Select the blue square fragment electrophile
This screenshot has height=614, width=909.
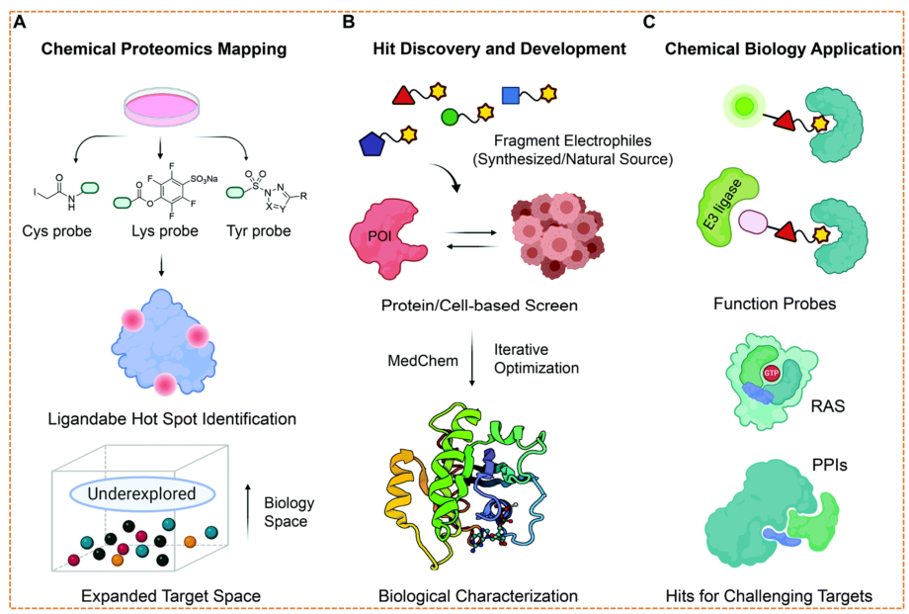(x=511, y=95)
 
